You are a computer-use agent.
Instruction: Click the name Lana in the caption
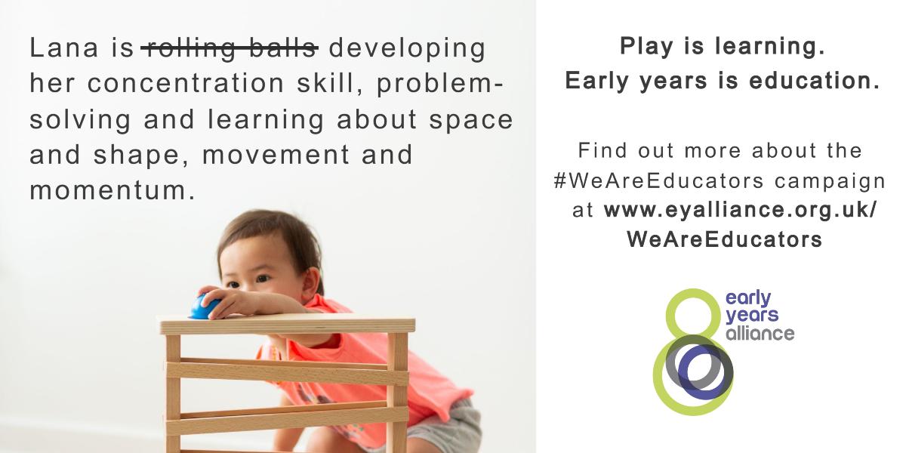click(64, 48)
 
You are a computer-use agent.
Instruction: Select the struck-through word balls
click(282, 48)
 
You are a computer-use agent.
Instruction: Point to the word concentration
click(186, 83)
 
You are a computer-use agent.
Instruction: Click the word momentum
click(112, 190)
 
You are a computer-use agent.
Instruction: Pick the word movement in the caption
click(276, 155)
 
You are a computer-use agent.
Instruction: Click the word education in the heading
click(815, 81)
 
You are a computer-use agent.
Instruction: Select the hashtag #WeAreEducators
click(658, 180)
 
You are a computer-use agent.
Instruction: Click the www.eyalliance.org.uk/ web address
click(740, 211)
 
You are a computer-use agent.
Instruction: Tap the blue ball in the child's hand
click(205, 307)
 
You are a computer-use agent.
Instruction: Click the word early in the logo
click(748, 299)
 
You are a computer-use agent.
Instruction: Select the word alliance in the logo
click(760, 333)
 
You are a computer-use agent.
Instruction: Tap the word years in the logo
click(752, 316)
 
